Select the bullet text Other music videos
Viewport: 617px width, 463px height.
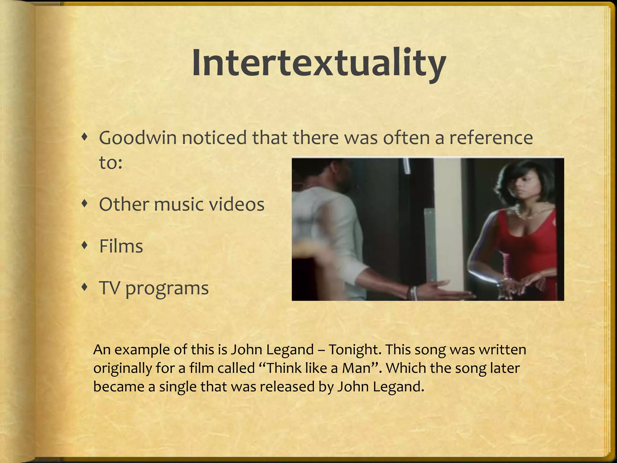point(182,204)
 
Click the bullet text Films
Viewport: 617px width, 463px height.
point(121,246)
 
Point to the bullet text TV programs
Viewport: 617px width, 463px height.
point(154,288)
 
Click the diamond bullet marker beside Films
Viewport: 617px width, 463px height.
point(85,246)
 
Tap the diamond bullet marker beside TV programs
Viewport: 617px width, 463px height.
point(85,288)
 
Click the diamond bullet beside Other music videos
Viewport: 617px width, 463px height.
point(85,204)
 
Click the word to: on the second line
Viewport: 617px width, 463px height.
point(111,163)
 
